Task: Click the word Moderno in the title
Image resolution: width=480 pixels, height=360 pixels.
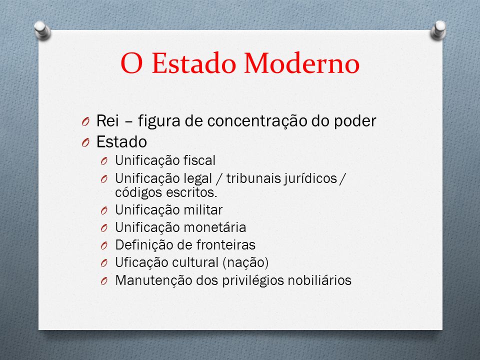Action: point(301,63)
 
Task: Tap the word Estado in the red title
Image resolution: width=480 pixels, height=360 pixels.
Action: point(194,63)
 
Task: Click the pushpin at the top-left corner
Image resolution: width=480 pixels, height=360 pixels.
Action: point(42,30)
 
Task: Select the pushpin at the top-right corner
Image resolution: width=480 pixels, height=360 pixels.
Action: point(438,30)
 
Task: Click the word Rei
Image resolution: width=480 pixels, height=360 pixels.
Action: point(107,120)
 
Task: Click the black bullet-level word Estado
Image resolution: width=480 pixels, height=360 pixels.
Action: point(121,141)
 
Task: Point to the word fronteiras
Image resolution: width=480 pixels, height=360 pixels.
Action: point(226,245)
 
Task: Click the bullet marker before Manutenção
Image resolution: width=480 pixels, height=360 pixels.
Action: point(104,281)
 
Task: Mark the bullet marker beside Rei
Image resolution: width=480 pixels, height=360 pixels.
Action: point(85,122)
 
